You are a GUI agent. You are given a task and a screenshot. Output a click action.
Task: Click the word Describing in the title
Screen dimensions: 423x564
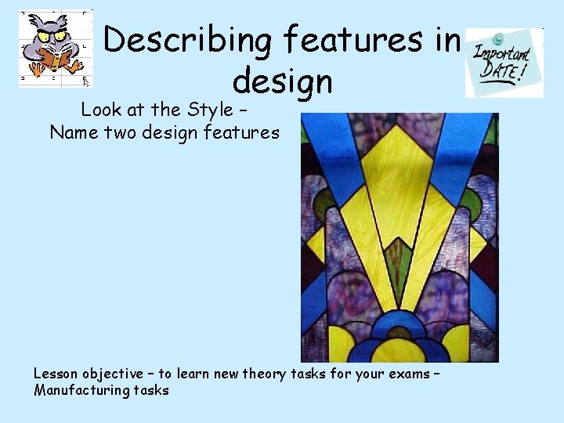click(187, 40)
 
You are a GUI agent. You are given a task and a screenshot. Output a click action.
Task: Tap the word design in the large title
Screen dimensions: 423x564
click(283, 80)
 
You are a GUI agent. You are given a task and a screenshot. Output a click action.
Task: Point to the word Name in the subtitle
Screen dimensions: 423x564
click(75, 132)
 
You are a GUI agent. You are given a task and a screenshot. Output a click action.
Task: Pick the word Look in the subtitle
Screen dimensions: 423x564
click(100, 110)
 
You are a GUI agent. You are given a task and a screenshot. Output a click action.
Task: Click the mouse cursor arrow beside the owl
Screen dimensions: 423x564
click(86, 81)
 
